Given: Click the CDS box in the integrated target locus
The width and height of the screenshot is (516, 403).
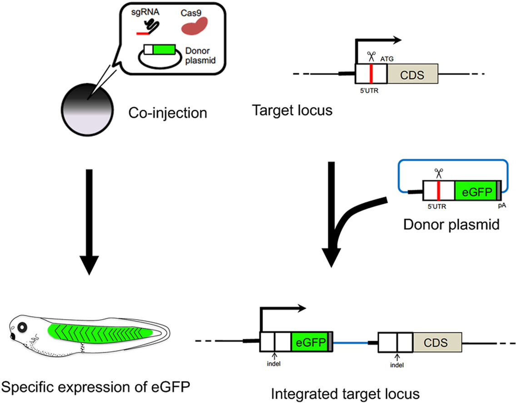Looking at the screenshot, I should (436, 341).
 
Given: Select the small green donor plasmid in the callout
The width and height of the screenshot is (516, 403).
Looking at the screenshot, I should (162, 49).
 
